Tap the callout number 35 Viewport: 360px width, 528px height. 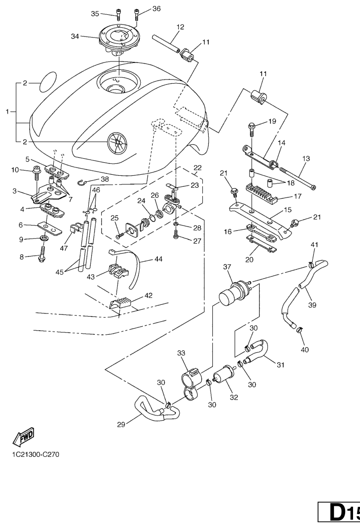pos(95,14)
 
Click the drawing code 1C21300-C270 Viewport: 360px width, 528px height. pos(36,453)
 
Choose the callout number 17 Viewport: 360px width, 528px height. pos(298,196)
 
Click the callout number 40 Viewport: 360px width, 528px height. pos(304,350)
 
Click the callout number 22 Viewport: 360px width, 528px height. pos(198,167)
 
